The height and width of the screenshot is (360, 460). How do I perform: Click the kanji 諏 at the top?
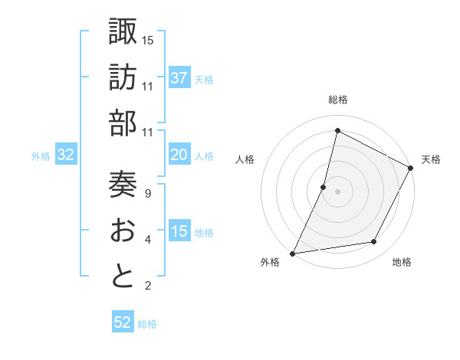pyautogui.click(x=123, y=31)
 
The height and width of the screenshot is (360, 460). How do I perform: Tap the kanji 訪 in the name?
pyautogui.click(x=123, y=79)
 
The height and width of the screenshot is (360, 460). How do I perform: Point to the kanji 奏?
pyautogui.click(x=123, y=184)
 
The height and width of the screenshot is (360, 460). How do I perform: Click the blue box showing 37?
pyautogui.click(x=179, y=78)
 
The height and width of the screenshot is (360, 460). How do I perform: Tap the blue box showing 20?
pyautogui.click(x=179, y=155)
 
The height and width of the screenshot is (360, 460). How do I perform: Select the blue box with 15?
pyautogui.click(x=179, y=231)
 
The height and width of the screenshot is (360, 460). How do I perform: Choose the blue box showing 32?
pyautogui.click(x=66, y=155)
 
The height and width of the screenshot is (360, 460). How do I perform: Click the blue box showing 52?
pyautogui.click(x=123, y=322)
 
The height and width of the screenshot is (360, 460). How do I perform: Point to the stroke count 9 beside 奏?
pyautogui.click(x=148, y=193)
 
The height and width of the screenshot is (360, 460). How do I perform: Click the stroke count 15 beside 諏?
pyautogui.click(x=148, y=39)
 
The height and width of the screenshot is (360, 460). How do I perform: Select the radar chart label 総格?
pyautogui.click(x=337, y=100)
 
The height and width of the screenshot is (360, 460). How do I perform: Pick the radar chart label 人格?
pyautogui.click(x=245, y=159)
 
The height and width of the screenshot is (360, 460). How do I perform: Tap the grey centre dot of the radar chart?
pyautogui.click(x=337, y=191)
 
